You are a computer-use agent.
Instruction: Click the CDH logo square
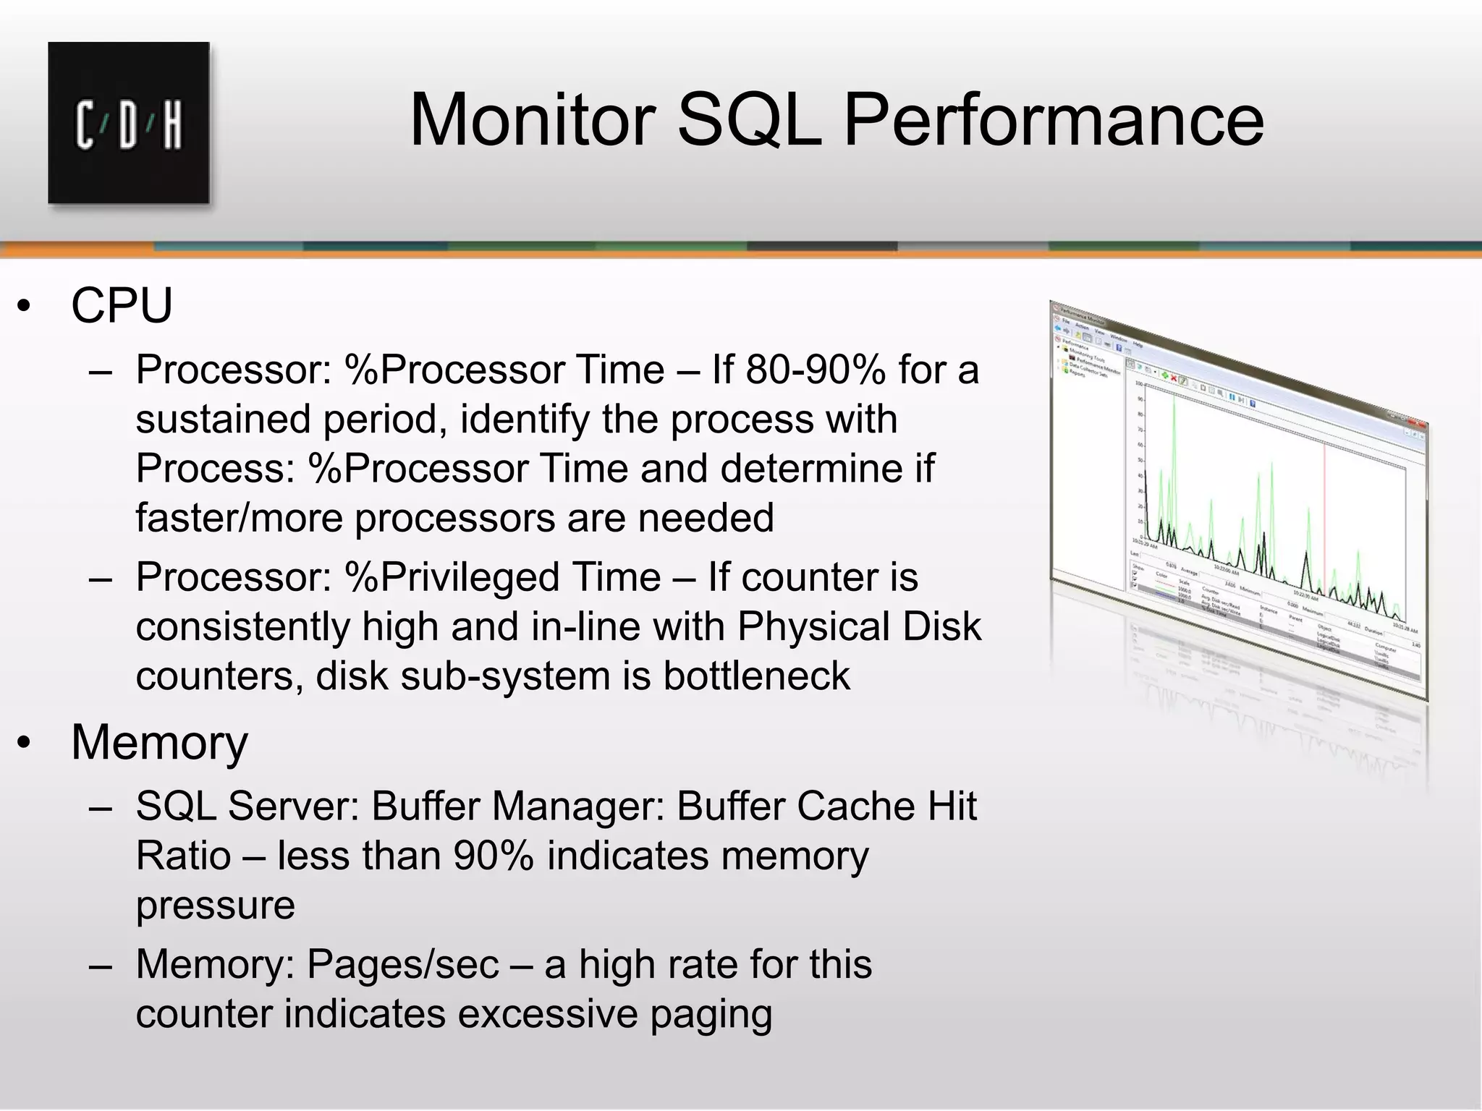pos(129,123)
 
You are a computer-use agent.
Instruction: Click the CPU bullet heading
pos(122,305)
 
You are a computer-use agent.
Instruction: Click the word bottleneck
pos(756,676)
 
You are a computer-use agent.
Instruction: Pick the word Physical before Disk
pos(812,626)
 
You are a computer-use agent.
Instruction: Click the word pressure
pos(216,906)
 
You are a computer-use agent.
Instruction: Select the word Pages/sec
pos(403,964)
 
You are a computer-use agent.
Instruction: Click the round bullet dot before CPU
pos(25,307)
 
